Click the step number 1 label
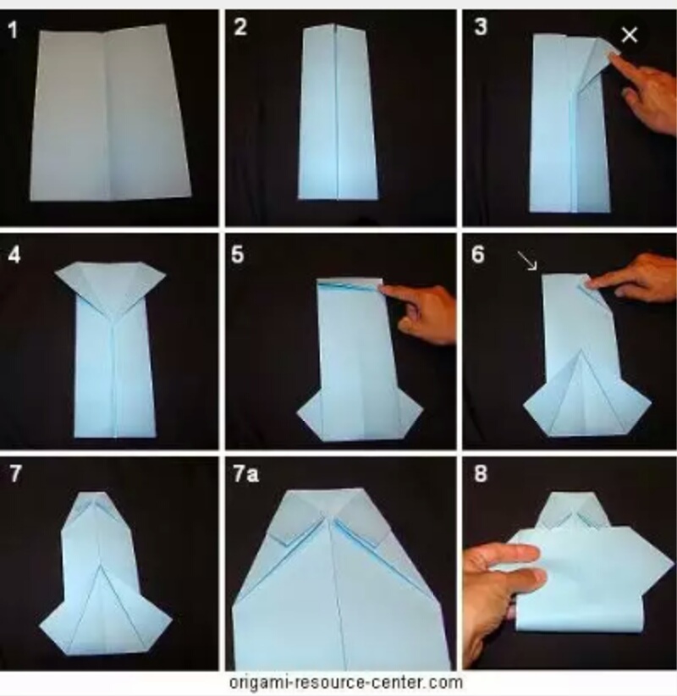(13, 30)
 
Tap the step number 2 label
(240, 27)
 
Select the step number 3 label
(481, 26)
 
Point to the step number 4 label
(14, 255)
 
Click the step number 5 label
(238, 255)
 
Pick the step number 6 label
(478, 255)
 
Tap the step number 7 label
(15, 473)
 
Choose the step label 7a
(245, 474)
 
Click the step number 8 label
(481, 473)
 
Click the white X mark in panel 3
(630, 35)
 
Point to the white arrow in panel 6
(527, 261)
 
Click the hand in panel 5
(419, 313)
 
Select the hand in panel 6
(632, 279)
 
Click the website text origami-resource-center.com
(346, 682)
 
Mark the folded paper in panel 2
(337, 112)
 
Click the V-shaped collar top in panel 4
(111, 284)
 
